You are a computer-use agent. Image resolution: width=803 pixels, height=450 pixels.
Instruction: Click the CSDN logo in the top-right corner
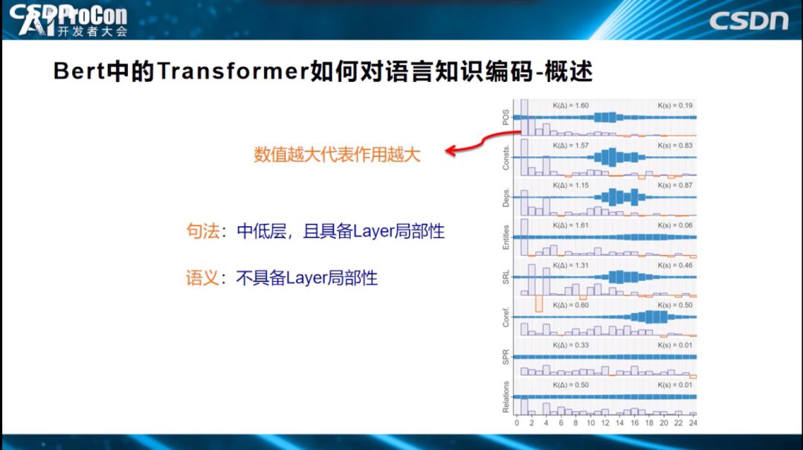pyautogui.click(x=748, y=20)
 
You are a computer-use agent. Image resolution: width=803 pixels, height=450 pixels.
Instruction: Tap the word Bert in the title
pyautogui.click(x=79, y=72)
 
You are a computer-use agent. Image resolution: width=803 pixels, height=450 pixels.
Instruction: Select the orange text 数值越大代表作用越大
pyautogui.click(x=337, y=155)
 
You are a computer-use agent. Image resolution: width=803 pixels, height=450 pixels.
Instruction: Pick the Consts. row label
pyautogui.click(x=506, y=156)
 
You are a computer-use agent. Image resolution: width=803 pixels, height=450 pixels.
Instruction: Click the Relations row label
pyautogui.click(x=506, y=396)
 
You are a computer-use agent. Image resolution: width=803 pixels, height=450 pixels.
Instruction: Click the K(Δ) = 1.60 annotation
pyautogui.click(x=570, y=106)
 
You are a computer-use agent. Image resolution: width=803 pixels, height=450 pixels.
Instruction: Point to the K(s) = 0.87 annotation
pyautogui.click(x=675, y=185)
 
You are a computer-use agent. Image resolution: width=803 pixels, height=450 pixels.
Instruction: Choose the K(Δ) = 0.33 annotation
pyautogui.click(x=570, y=345)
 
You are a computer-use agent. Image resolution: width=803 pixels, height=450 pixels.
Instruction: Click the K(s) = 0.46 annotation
pyautogui.click(x=675, y=266)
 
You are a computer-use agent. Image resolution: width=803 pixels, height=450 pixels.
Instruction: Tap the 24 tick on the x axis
pyautogui.click(x=693, y=423)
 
